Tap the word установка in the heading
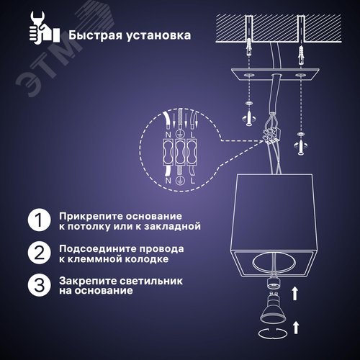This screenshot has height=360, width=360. coord(153,34)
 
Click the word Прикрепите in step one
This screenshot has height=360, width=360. coord(86,215)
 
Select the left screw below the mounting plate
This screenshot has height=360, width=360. coord(248,116)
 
